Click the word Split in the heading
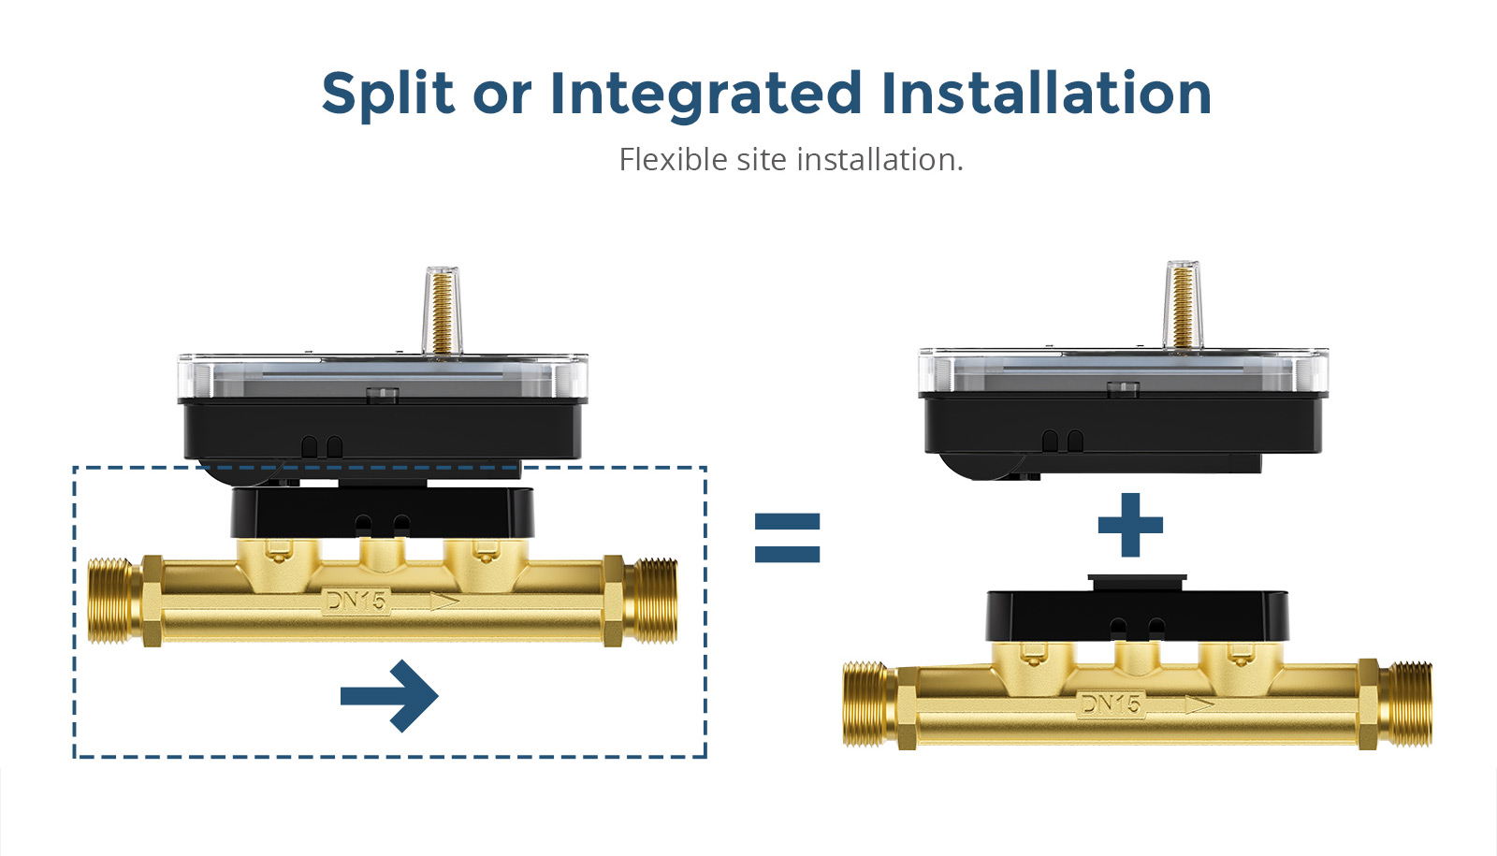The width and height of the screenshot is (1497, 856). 387,94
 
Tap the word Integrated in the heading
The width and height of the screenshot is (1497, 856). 705,94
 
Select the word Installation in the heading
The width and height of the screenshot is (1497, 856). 1046,94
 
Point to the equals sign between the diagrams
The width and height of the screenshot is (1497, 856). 787,537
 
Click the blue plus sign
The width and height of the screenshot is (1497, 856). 1130,525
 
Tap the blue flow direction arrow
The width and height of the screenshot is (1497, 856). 389,695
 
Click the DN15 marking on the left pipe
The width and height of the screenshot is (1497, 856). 355,601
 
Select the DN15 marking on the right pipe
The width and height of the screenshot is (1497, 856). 1110,704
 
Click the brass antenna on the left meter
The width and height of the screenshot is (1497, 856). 440,310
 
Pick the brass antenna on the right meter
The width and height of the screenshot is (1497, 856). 1182,303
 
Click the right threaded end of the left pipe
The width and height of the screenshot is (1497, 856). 651,601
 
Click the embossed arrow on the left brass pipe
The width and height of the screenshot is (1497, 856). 443,602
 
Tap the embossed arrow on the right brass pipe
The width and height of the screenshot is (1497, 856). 1199,704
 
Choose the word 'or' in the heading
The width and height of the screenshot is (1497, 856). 501,94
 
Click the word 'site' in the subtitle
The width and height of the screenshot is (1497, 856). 761,160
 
